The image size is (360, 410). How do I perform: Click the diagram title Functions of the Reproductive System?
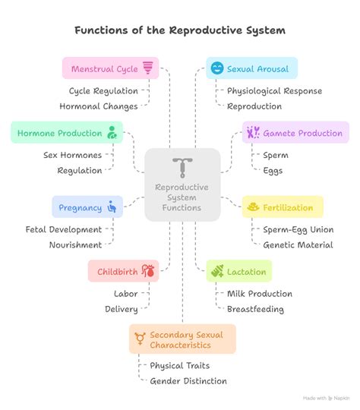pyautogui.click(x=180, y=31)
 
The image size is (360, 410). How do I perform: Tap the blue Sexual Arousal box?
pyautogui.click(x=251, y=69)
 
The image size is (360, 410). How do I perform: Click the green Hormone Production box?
pyautogui.click(x=66, y=133)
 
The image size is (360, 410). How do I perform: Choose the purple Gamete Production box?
pyautogui.click(x=295, y=133)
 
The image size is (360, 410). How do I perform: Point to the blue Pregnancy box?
pyautogui.click(x=86, y=207)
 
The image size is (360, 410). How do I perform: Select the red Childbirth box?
pyautogui.click(x=123, y=271)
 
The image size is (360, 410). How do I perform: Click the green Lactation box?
pyautogui.click(x=238, y=271)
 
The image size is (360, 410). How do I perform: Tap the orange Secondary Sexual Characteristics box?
pyautogui.click(x=182, y=339)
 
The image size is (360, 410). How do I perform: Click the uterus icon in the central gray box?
pyautogui.click(x=182, y=168)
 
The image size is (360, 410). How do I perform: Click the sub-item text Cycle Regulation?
pyautogui.click(x=103, y=91)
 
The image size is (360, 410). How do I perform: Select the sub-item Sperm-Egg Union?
pyautogui.click(x=298, y=229)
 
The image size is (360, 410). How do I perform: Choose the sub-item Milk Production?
pyautogui.click(x=259, y=293)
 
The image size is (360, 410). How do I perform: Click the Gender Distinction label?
pyautogui.click(x=188, y=381)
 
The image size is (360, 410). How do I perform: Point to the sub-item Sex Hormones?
pyautogui.click(x=72, y=155)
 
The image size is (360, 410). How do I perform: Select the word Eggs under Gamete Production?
pyautogui.click(x=273, y=171)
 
